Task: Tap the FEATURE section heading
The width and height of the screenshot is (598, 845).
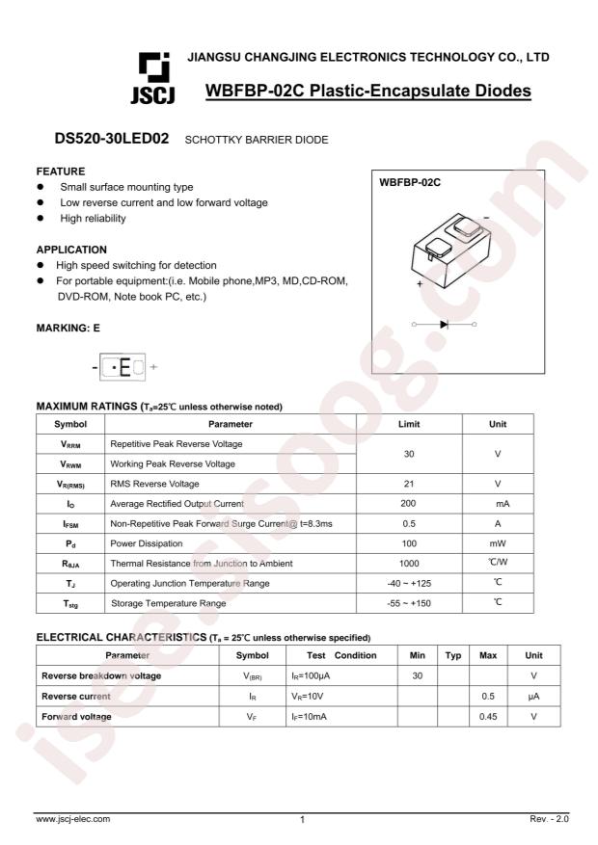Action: [x=62, y=171]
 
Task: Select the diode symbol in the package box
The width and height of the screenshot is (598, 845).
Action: [x=444, y=324]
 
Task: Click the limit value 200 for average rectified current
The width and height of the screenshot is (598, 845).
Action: [x=411, y=503]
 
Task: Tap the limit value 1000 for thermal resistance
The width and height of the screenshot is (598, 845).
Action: [x=411, y=563]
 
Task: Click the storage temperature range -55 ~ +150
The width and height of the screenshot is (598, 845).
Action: [x=411, y=602]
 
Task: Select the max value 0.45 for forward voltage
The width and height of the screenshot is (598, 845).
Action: [x=488, y=716]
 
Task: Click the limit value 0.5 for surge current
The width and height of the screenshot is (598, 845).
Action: [x=411, y=523]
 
